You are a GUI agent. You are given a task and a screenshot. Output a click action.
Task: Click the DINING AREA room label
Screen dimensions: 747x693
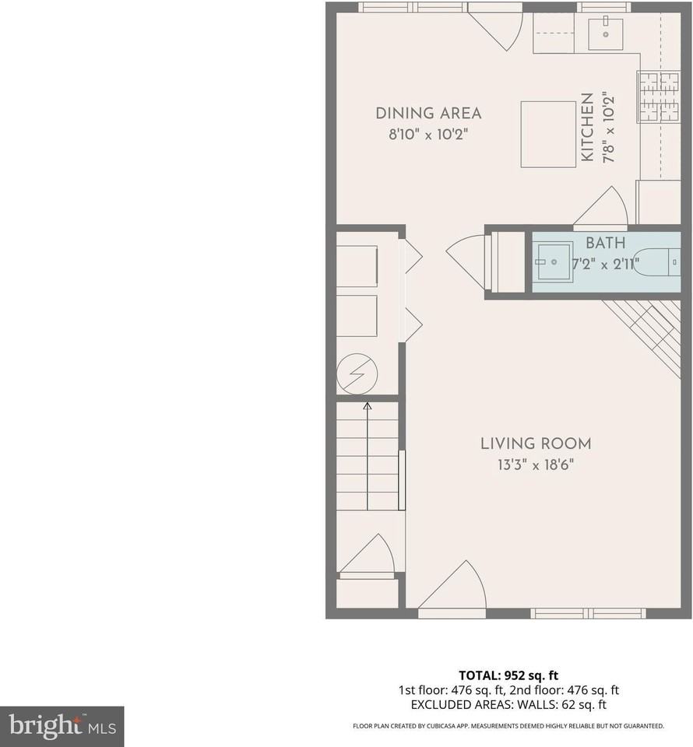(x=428, y=113)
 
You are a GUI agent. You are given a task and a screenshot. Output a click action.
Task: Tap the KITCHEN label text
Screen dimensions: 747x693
(x=587, y=128)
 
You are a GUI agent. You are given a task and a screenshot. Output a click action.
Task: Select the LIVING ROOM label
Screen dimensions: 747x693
(x=535, y=444)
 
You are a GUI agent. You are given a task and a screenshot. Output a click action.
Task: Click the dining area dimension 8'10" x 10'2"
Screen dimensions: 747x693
(x=428, y=134)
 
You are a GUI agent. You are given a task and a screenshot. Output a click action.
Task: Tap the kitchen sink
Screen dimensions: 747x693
(x=605, y=33)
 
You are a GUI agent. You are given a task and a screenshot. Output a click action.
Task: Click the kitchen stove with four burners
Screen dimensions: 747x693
(x=658, y=97)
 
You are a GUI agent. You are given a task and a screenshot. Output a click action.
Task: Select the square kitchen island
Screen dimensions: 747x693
(x=548, y=134)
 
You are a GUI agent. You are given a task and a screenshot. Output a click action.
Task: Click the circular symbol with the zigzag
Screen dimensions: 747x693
(x=357, y=375)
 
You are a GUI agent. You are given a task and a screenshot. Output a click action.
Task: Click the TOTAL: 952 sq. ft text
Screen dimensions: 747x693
(x=507, y=675)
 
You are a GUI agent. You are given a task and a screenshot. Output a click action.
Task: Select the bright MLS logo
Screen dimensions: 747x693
(x=62, y=727)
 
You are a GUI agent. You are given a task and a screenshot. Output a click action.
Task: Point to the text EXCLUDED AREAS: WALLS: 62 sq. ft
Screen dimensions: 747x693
(x=507, y=705)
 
